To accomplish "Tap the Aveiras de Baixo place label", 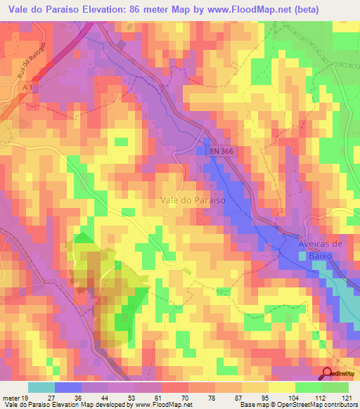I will tap(319, 249).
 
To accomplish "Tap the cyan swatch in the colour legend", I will tap(41, 387).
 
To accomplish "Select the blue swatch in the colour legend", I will tap(67, 387).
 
